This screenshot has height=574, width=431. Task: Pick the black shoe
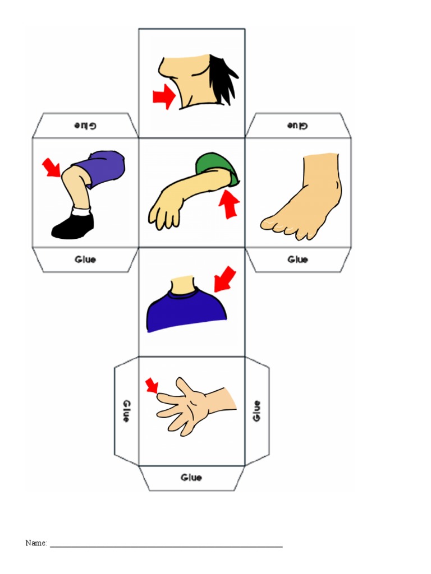tap(74, 227)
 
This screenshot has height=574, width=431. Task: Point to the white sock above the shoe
tap(81, 212)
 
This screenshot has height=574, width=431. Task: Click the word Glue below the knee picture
tap(85, 260)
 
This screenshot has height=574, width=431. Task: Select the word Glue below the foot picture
tap(297, 260)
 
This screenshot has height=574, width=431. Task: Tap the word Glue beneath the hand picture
tap(191, 478)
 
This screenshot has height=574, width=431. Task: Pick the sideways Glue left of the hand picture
tap(126, 411)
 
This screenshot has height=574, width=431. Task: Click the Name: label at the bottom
tap(36, 543)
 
